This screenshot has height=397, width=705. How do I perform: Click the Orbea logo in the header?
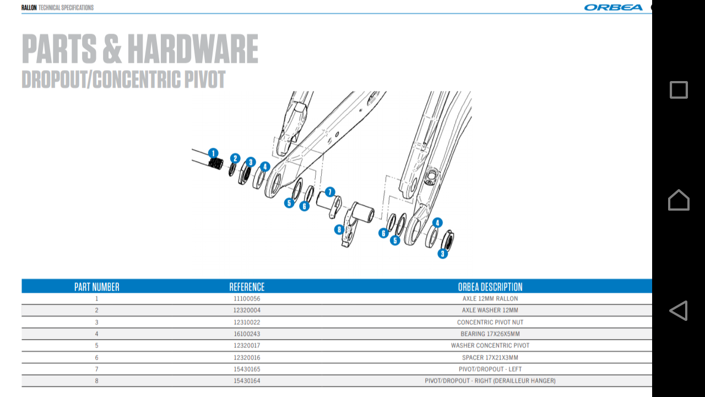coord(613,7)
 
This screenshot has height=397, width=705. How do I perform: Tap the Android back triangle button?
coord(679,310)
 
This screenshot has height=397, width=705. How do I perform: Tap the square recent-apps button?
coord(679,90)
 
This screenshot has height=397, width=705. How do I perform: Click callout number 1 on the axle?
coord(213,153)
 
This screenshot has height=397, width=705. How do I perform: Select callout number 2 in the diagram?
coord(235,158)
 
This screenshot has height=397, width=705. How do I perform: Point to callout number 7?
coord(329,192)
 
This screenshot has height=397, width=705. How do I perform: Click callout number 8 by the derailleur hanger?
coord(339,229)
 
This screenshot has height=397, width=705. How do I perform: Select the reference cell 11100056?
coord(247,298)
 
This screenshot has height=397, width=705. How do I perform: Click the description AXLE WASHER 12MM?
coord(490,310)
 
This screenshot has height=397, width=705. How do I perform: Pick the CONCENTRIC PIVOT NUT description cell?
coord(490,322)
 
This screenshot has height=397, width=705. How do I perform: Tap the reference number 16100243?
coord(247,334)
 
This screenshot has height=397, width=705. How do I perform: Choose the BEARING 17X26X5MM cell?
coord(490,334)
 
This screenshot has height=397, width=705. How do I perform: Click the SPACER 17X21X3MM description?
coord(490,357)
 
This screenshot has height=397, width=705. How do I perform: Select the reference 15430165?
coord(247,369)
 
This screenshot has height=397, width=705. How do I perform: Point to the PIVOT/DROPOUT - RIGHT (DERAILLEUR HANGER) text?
coord(490,380)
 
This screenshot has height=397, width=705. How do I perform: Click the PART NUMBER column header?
coord(97,287)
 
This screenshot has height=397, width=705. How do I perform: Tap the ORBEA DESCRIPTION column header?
coord(490,287)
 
